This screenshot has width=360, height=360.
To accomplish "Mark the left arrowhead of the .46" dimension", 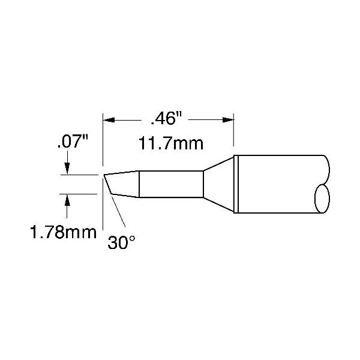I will point(109,119).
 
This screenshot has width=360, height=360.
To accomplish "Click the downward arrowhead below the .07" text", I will point(67,170).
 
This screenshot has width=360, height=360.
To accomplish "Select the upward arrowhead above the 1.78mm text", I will point(67,200).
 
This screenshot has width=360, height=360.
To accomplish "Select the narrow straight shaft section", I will point(171,184).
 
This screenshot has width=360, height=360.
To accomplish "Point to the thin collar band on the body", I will point(236,184).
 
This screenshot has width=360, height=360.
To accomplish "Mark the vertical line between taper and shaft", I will point(140,184).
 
